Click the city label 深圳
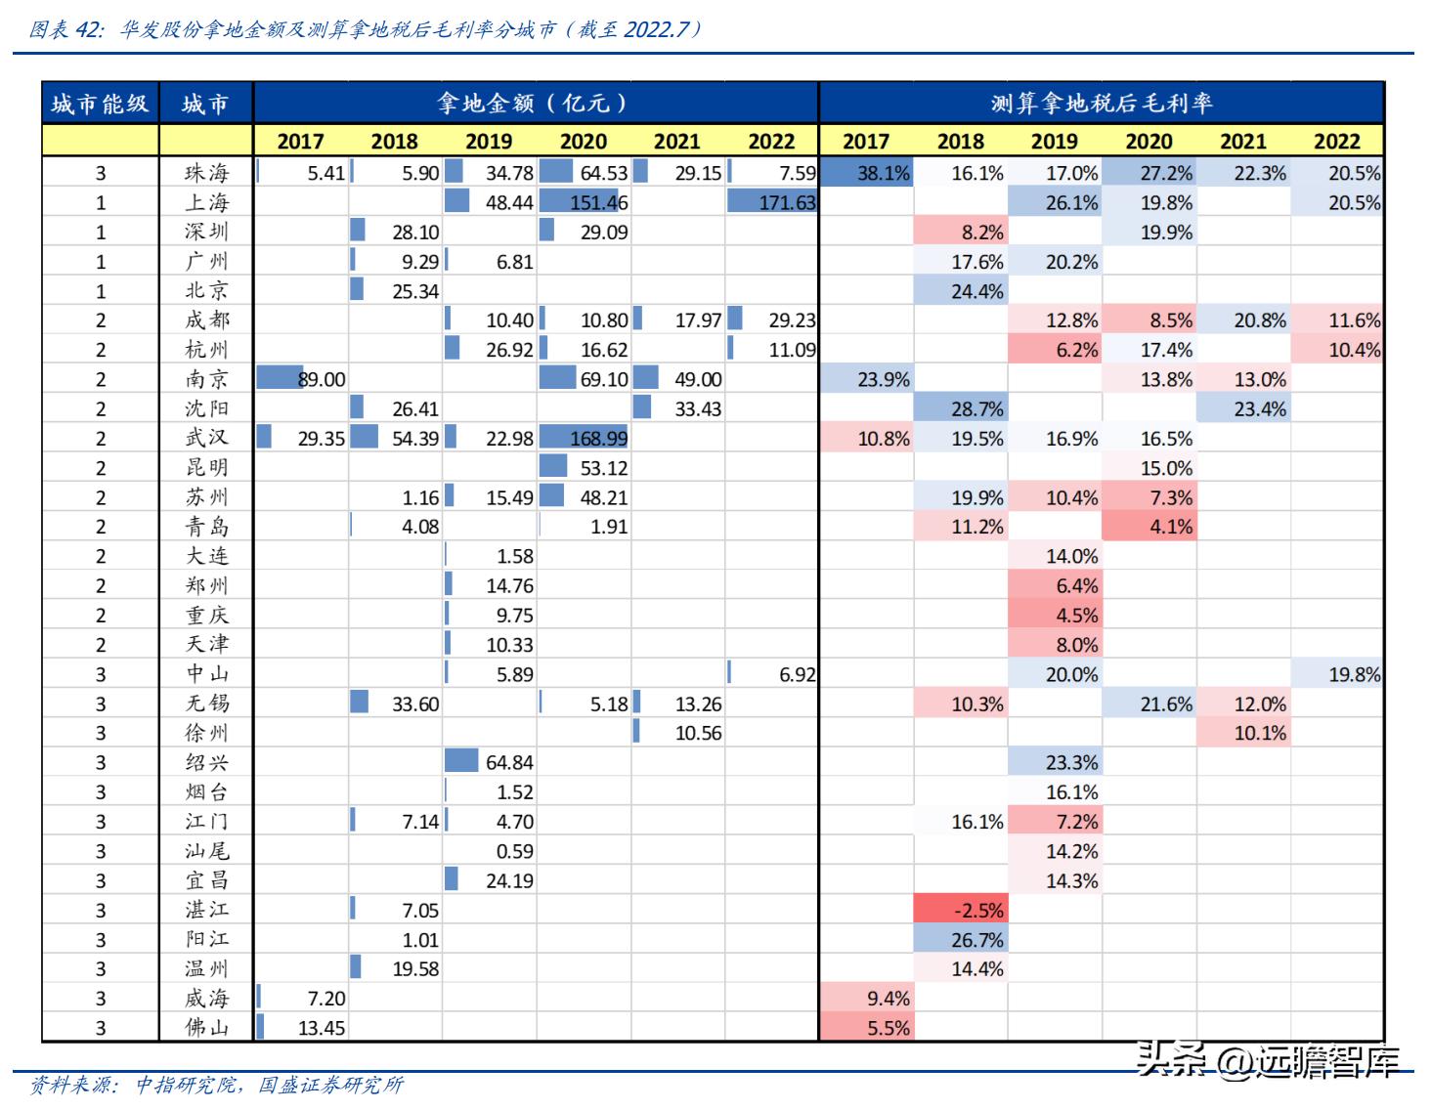[x=206, y=233]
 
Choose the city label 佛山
[x=206, y=1028]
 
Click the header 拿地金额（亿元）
[x=534, y=103]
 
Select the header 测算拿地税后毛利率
[x=1101, y=103]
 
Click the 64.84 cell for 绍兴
[x=509, y=763]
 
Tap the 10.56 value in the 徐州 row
[x=698, y=734]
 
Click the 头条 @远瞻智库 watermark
[x=1268, y=1061]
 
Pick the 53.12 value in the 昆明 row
[x=603, y=468]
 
